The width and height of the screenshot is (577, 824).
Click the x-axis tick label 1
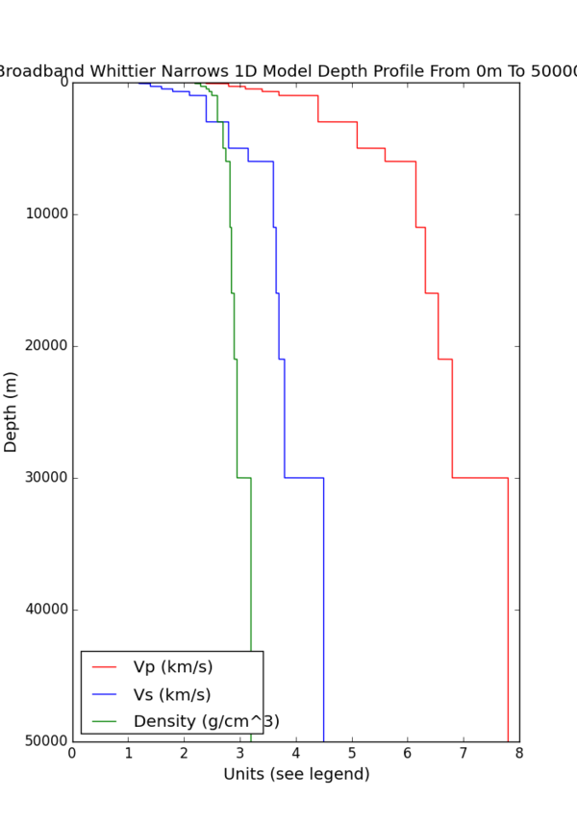pyautogui.click(x=129, y=756)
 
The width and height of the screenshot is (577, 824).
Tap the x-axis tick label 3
pyautogui.click(x=240, y=756)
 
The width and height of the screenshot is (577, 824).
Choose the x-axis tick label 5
pyautogui.click(x=352, y=756)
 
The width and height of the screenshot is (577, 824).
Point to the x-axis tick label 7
pyautogui.click(x=464, y=756)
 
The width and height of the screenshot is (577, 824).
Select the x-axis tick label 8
pyautogui.click(x=519, y=756)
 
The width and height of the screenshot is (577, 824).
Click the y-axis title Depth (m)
pyautogui.click(x=12, y=412)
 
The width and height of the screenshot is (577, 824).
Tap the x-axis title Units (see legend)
pyautogui.click(x=296, y=774)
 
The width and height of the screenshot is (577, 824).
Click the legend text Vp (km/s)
pyautogui.click(x=173, y=667)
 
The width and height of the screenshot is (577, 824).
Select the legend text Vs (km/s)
pyautogui.click(x=172, y=694)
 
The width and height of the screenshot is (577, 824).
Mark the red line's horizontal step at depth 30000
pyautogui.click(x=480, y=477)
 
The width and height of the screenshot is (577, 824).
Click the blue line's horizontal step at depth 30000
pyautogui.click(x=304, y=477)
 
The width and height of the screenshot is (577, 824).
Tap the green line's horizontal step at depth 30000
pyautogui.click(x=244, y=477)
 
